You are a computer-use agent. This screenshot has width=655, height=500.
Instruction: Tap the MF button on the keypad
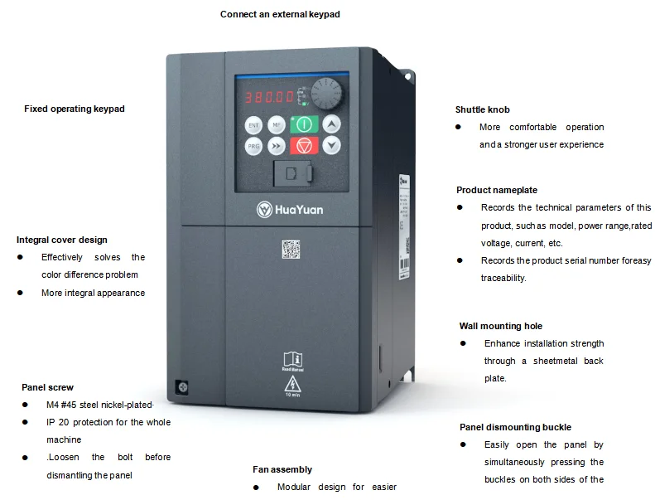(277, 125)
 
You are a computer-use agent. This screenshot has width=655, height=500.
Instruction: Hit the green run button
(304, 124)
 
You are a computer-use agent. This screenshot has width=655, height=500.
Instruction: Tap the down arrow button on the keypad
(330, 145)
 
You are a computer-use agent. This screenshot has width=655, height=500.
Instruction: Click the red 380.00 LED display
(268, 97)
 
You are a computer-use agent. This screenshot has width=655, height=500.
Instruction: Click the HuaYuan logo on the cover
(289, 209)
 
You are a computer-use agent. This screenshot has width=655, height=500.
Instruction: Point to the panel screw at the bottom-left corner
(179, 386)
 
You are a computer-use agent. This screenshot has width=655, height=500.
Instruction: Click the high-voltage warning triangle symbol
(291, 383)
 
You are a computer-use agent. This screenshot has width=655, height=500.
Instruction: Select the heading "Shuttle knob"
(482, 109)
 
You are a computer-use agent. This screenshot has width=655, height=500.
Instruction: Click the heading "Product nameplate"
(497, 190)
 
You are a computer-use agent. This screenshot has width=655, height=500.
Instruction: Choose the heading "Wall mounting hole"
(501, 326)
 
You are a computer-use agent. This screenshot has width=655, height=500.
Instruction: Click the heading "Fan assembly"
(282, 469)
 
